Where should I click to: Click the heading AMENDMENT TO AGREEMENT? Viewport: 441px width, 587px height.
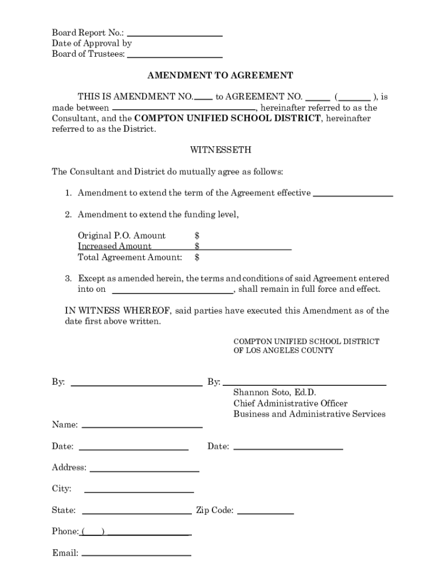pyautogui.click(x=220, y=76)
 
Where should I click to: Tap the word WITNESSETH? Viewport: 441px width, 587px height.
pyautogui.click(x=220, y=150)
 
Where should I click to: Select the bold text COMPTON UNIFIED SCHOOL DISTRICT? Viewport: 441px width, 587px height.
pyautogui.click(x=227, y=119)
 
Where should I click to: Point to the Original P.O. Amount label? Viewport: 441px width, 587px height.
pyautogui.click(x=121, y=236)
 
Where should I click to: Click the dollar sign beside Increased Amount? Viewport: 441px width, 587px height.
pyautogui.click(x=197, y=246)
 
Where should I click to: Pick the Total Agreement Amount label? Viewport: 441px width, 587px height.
pyautogui.click(x=130, y=257)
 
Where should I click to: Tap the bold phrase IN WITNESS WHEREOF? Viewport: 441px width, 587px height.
pyautogui.click(x=117, y=311)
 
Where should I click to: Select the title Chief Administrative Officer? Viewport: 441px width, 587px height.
pyautogui.click(x=290, y=404)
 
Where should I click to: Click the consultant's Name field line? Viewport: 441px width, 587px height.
pyautogui.click(x=142, y=426)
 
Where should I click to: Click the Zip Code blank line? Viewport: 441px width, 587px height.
pyautogui.click(x=265, y=512)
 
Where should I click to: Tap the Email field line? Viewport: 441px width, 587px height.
pyautogui.click(x=136, y=554)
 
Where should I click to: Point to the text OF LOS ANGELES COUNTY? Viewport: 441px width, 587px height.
pyautogui.click(x=283, y=350)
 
